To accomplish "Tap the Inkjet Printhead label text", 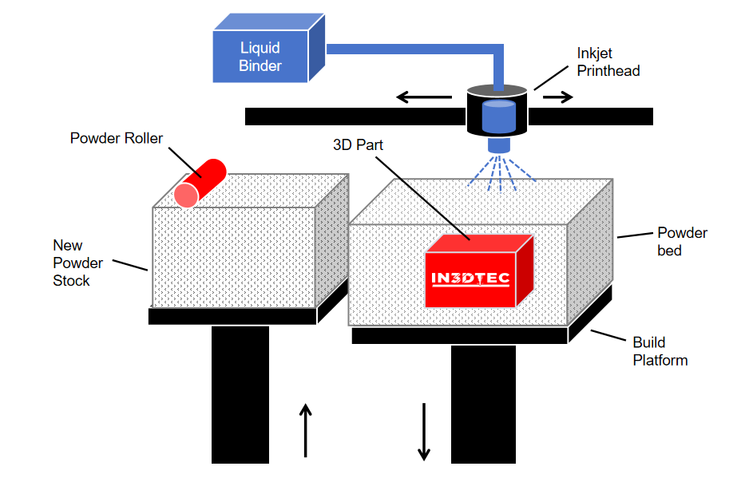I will click(x=608, y=61).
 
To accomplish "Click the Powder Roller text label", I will click(x=117, y=139).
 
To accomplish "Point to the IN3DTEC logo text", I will click(x=470, y=279).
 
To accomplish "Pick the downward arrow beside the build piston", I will click(x=424, y=431).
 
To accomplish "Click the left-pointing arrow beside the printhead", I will click(x=424, y=98).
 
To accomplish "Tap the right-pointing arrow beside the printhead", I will click(x=558, y=98).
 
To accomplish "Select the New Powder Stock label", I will click(x=77, y=263).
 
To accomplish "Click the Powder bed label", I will click(x=682, y=241).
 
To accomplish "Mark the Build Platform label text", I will click(x=660, y=351).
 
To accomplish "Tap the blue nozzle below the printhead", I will click(x=499, y=145).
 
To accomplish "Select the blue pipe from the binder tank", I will click(x=415, y=49).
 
